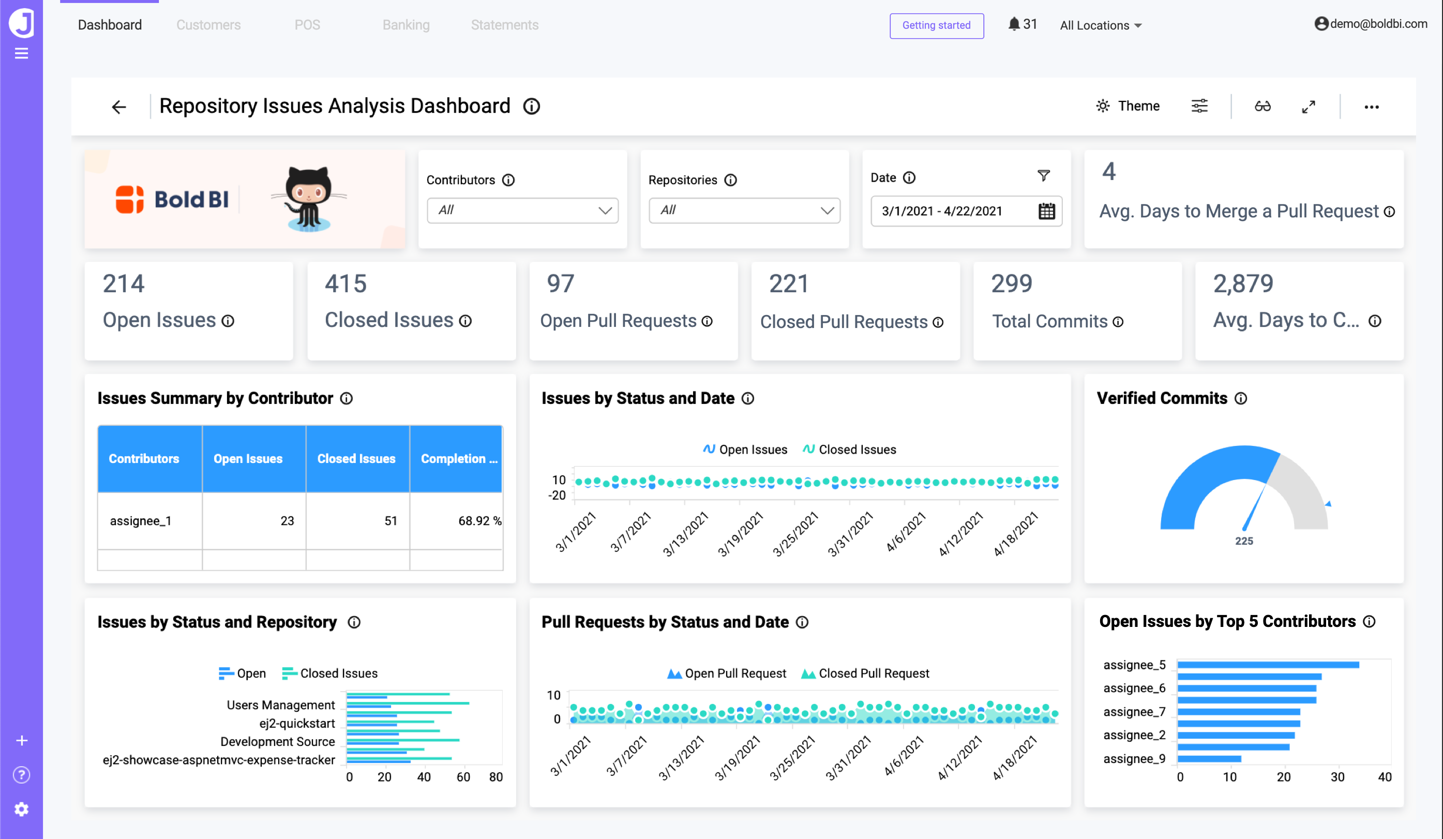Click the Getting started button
pos(936,25)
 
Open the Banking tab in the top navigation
pos(405,25)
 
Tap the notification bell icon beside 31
pos(1014,24)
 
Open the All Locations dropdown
pos(1100,25)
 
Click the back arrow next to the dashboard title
pos(118,107)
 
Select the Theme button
pos(1128,106)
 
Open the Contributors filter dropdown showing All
pos(522,210)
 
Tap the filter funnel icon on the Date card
pos(1043,176)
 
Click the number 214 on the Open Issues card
pos(124,283)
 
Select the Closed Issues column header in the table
pos(356,459)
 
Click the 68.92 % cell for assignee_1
pos(479,520)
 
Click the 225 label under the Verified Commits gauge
pos(1244,541)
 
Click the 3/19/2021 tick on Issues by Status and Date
pos(741,534)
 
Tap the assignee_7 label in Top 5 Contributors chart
pos(1134,711)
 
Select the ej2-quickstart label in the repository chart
pos(297,723)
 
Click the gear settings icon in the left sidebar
pos(21,809)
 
